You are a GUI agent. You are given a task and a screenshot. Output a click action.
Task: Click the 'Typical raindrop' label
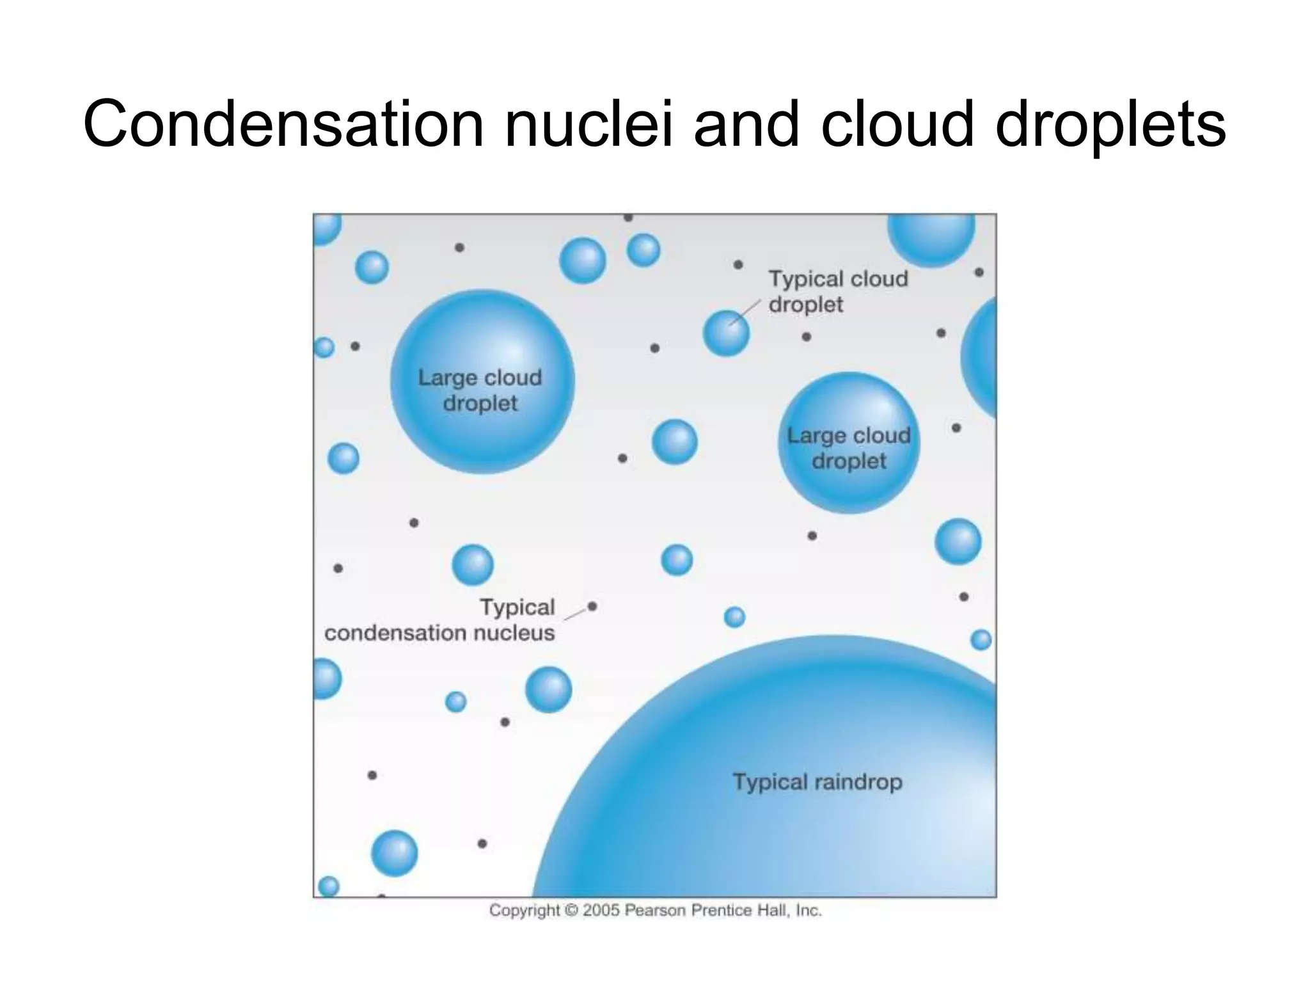tap(817, 782)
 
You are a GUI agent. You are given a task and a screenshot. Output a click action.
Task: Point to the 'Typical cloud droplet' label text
tap(837, 292)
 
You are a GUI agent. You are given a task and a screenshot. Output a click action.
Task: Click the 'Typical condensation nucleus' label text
tap(440, 620)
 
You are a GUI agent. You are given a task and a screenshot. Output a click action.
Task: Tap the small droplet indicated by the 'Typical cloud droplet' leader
tap(725, 333)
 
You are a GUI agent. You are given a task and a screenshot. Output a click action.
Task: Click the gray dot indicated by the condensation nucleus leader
tap(592, 606)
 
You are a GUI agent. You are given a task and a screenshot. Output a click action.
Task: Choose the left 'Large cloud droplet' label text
tap(480, 390)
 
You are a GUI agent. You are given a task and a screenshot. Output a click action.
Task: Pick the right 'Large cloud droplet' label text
tap(849, 448)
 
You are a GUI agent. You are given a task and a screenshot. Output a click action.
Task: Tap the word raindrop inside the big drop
tap(858, 782)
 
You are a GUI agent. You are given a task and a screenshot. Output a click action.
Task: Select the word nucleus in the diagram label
tap(514, 633)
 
